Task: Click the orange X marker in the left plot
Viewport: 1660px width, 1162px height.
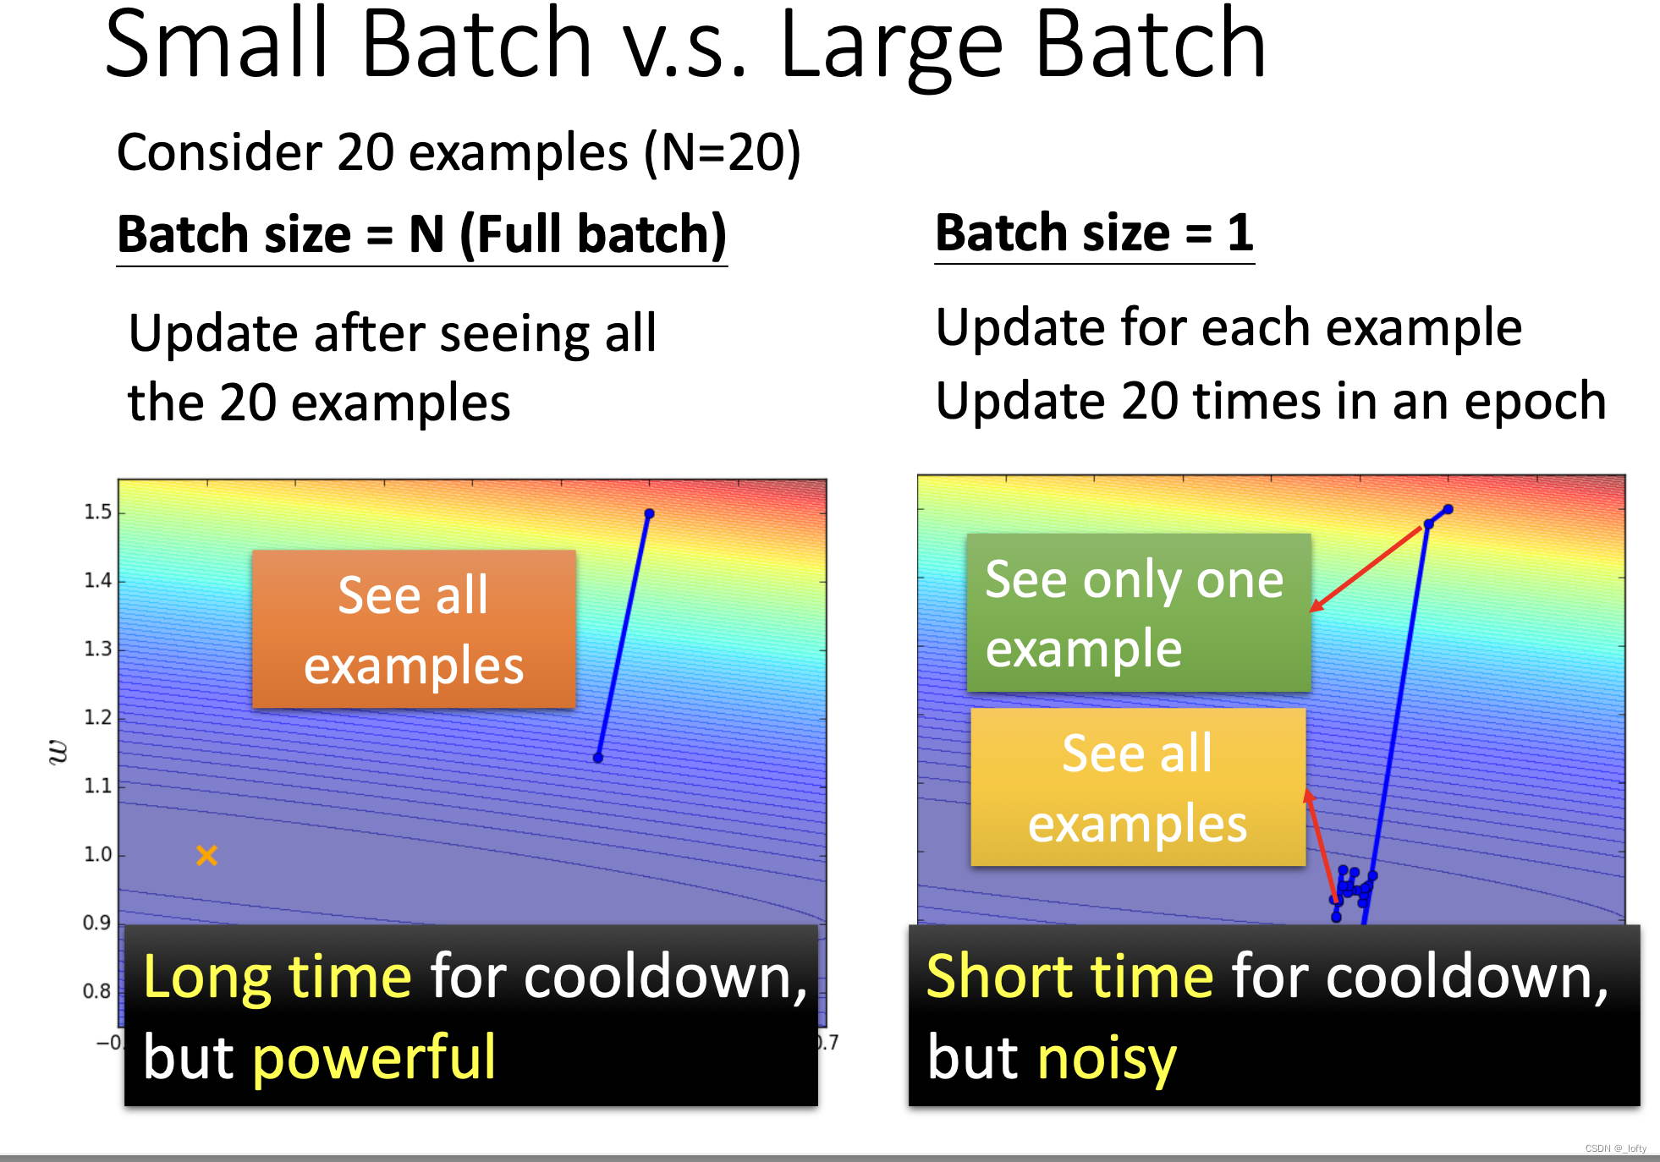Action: pos(206,855)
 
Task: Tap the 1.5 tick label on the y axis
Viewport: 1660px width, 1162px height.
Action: pos(97,512)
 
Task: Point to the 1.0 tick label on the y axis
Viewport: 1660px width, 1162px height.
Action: pos(97,854)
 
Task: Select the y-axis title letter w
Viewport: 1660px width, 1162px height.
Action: pos(58,752)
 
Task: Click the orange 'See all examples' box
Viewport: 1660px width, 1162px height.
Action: pos(414,629)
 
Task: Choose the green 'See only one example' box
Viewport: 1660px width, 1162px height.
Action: pos(1139,612)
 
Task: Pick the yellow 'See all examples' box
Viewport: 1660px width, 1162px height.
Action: pos(1138,787)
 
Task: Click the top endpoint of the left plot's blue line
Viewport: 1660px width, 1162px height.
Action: pos(649,513)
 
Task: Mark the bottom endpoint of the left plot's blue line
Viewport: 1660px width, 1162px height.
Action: pos(598,758)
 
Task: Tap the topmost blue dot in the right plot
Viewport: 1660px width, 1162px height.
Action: pos(1448,509)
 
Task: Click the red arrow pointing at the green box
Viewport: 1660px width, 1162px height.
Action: pos(1366,568)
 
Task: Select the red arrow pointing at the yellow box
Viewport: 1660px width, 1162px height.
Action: pos(1320,844)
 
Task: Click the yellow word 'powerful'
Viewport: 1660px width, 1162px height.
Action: pos(374,1058)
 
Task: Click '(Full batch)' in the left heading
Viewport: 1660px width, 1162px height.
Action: pos(593,235)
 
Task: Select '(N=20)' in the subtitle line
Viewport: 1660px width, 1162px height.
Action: pos(723,153)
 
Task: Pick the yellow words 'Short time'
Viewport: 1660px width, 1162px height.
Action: pos(1070,977)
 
